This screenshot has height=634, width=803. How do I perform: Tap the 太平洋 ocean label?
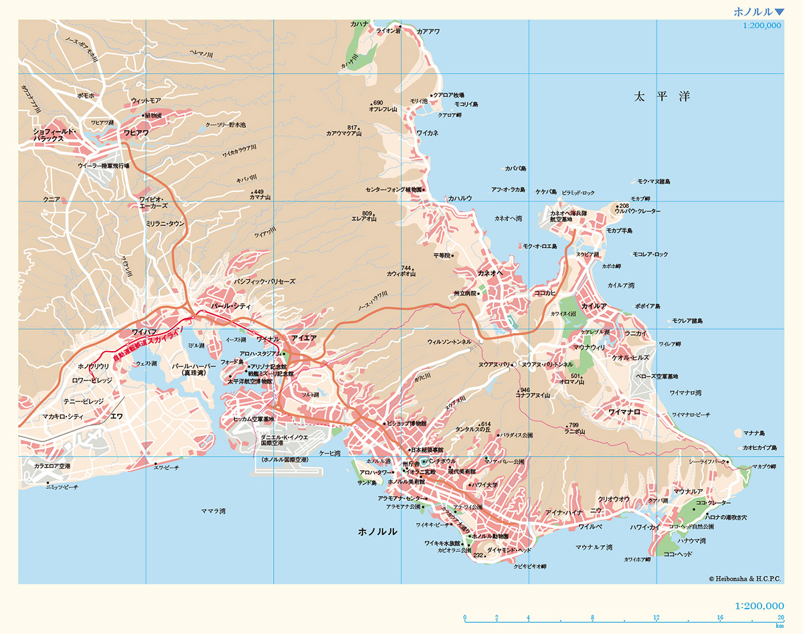pyautogui.click(x=662, y=97)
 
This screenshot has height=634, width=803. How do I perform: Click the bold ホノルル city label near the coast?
pyautogui.click(x=377, y=532)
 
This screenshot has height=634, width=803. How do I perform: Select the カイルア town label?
pyautogui.click(x=594, y=306)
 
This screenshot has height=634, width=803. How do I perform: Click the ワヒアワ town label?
pyautogui.click(x=136, y=132)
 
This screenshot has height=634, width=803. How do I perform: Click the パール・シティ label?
pyautogui.click(x=230, y=306)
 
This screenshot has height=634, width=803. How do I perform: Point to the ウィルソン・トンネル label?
pyautogui.click(x=449, y=341)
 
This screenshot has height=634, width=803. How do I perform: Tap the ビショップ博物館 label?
pyautogui.click(x=406, y=423)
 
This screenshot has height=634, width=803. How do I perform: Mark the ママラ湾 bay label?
pyautogui.click(x=213, y=511)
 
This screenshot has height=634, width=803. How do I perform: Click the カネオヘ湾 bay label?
pyautogui.click(x=508, y=219)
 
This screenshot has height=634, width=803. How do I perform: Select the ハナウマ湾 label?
pyautogui.click(x=691, y=540)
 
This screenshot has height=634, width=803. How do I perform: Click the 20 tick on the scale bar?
pyautogui.click(x=780, y=617)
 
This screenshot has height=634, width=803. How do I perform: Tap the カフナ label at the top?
pyautogui.click(x=359, y=24)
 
